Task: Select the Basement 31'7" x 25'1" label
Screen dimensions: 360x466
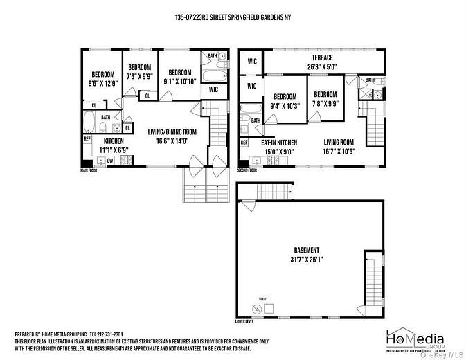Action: click(x=306, y=254)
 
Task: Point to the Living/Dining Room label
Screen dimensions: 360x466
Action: click(x=172, y=136)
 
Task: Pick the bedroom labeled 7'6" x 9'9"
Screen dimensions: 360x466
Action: click(x=138, y=72)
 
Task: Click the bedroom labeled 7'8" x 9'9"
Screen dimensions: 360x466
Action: click(x=325, y=99)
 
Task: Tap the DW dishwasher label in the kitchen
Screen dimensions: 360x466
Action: click(x=110, y=161)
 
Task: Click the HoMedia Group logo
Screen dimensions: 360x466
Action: click(x=415, y=339)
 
